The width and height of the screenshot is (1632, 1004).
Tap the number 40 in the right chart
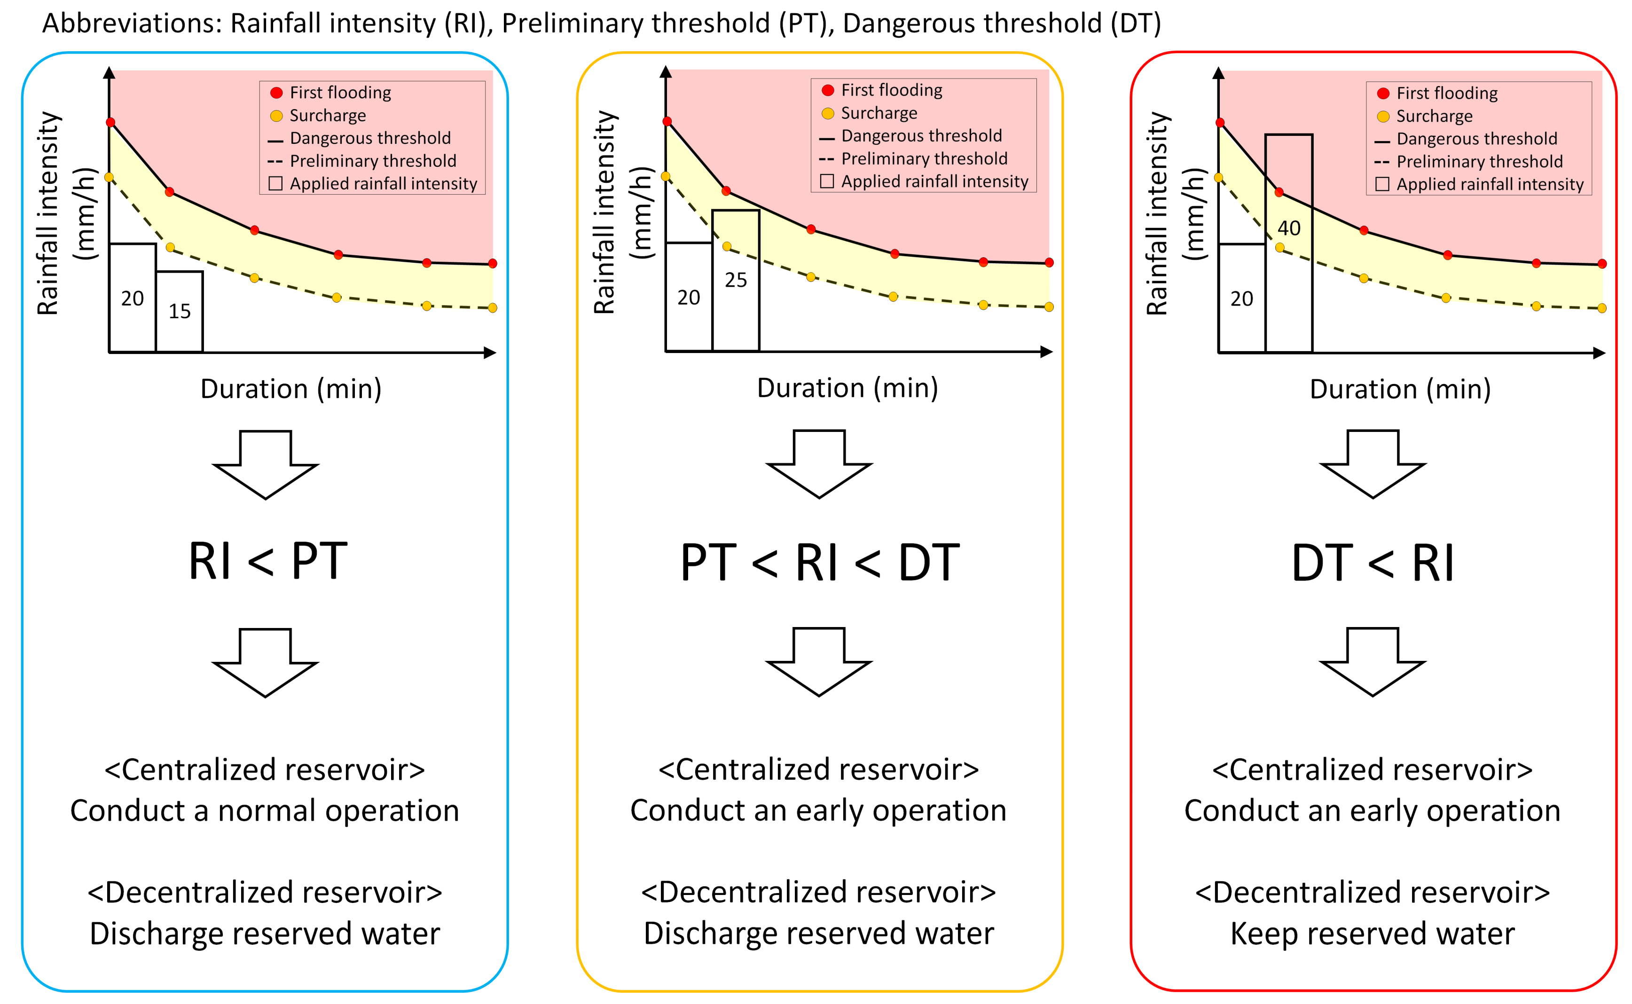pyautogui.click(x=1289, y=228)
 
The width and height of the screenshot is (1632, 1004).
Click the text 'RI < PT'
pyautogui.click(x=267, y=562)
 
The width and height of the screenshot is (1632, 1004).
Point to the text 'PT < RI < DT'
pyautogui.click(x=819, y=563)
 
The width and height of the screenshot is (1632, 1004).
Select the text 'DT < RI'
pyautogui.click(x=1373, y=563)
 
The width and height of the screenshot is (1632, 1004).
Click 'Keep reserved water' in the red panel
pyautogui.click(x=1373, y=933)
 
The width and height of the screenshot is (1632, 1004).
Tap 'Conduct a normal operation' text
pyautogui.click(x=265, y=811)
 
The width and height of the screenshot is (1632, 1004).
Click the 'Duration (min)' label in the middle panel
pyautogui.click(x=847, y=388)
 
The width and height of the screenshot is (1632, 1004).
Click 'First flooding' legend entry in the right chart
pyautogui.click(x=1447, y=93)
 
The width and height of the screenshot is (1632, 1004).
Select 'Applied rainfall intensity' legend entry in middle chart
pyautogui.click(x=934, y=181)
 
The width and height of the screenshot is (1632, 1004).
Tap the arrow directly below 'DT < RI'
pyautogui.click(x=1373, y=661)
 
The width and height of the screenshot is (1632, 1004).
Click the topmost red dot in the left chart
pyautogui.click(x=111, y=122)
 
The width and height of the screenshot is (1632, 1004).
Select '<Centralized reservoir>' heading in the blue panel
pyautogui.click(x=265, y=769)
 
